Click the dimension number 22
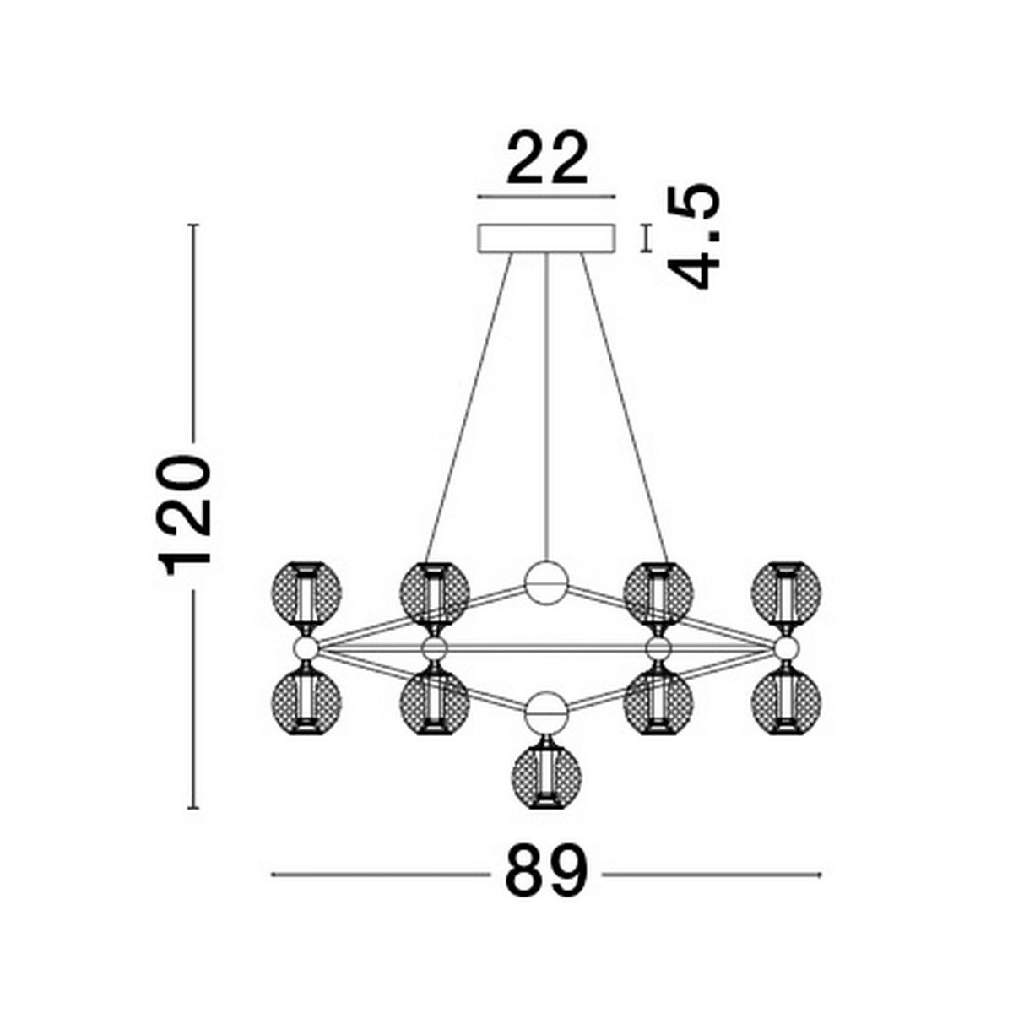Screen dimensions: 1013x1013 546,158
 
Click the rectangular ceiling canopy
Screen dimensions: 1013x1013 546,237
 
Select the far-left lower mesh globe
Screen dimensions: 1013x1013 306,702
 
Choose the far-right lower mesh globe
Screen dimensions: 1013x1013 787,702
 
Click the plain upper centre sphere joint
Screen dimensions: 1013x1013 546,582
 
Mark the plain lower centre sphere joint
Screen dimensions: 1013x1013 546,714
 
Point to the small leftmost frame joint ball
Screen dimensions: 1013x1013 305,648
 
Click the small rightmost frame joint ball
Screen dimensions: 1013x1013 787,648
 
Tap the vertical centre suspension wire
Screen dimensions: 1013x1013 547,405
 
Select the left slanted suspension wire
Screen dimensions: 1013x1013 469,405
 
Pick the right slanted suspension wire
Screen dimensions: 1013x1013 625,405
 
